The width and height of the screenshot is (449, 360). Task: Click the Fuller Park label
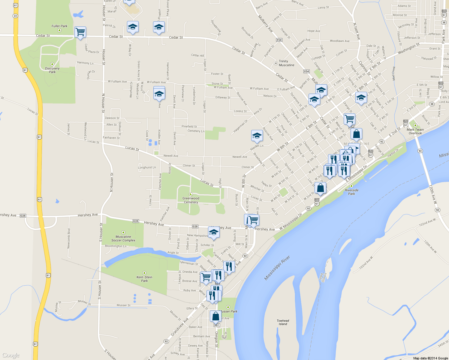pos(59,26)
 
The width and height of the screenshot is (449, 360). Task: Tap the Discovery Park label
pos(52,70)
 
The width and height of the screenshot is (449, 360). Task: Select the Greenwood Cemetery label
pos(191,200)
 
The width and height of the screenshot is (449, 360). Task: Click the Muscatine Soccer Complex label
pos(123,238)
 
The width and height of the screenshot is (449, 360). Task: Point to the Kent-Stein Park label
pos(144,279)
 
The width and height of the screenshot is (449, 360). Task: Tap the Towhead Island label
pos(283,322)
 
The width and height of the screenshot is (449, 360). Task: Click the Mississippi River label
pos(277,268)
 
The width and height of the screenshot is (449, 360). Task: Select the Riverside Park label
pos(351,192)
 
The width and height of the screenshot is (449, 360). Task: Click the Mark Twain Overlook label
pos(415,131)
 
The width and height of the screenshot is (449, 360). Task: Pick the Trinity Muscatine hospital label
pos(286,63)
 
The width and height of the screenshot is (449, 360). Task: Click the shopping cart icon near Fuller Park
pos(80,32)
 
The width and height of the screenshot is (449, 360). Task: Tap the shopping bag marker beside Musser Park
pos(215,316)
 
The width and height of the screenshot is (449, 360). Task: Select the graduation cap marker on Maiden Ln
pos(257,136)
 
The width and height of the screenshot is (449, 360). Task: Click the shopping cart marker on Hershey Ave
pos(253,220)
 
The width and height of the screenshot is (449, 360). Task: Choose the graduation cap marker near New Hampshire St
pos(214,232)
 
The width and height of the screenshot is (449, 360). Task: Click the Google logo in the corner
pos(11,355)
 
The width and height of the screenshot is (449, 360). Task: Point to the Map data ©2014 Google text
pos(430,358)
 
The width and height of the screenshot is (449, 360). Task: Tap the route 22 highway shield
pos(15,16)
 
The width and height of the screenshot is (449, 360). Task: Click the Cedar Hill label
pos(197,55)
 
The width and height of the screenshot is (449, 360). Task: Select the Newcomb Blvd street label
pos(69,238)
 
